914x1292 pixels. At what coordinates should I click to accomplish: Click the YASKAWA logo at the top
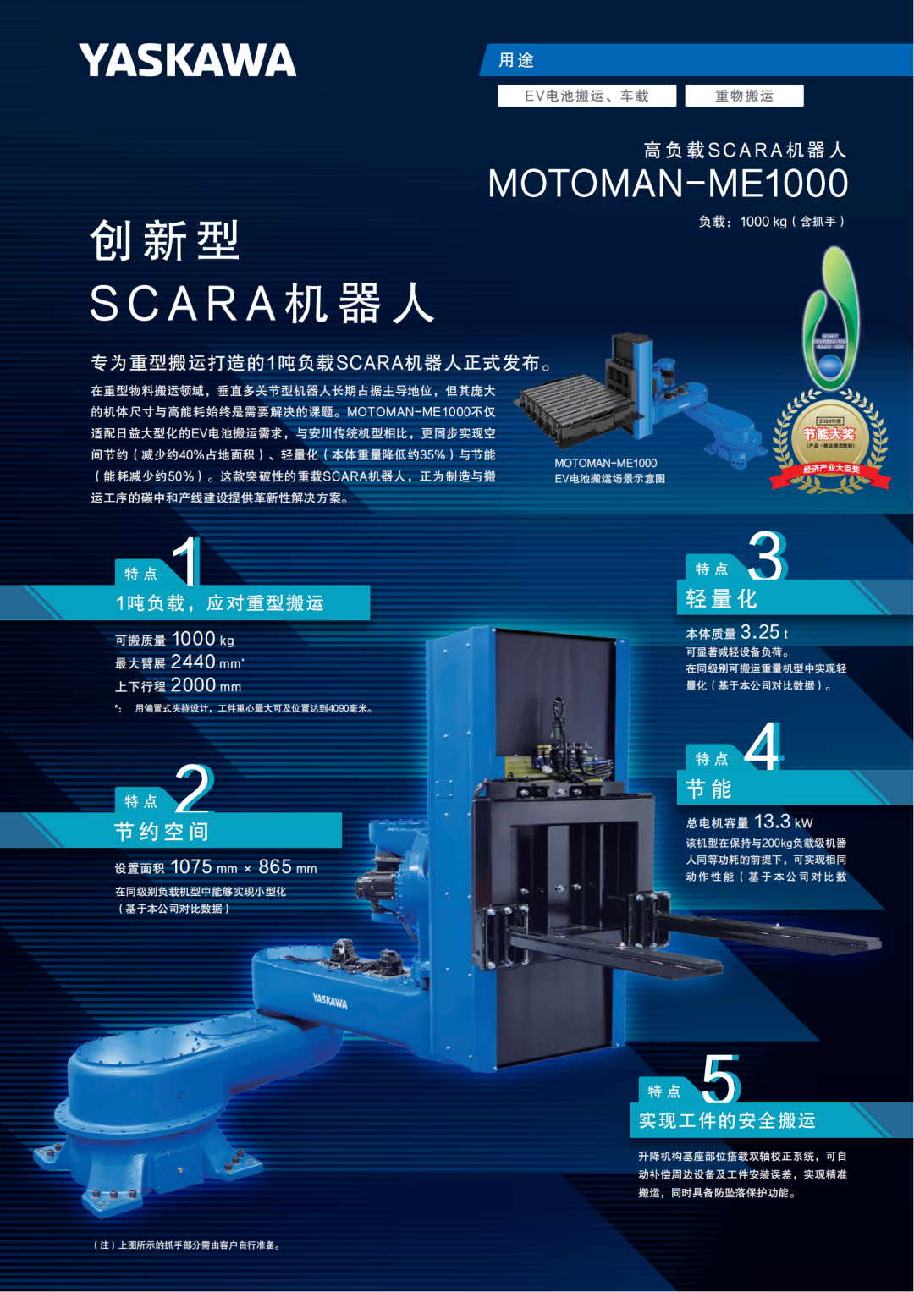point(187,60)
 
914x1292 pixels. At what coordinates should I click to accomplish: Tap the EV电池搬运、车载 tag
point(586,96)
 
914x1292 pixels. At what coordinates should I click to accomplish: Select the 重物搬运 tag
point(744,96)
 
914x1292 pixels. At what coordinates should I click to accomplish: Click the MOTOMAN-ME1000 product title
point(668,184)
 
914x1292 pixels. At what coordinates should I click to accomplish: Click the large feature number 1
point(187,561)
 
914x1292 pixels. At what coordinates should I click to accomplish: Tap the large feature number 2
point(195,789)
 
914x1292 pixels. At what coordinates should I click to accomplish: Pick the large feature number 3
point(767,556)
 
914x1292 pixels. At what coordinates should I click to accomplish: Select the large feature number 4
point(763,746)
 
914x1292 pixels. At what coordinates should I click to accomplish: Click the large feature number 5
point(721,1079)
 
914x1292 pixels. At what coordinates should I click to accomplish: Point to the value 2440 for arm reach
point(193,662)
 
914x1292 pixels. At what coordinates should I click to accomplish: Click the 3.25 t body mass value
point(760,632)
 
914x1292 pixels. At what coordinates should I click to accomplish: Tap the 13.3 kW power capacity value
point(772,822)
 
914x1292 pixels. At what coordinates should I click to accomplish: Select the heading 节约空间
point(162,832)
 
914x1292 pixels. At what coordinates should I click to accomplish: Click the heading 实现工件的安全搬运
point(727,1120)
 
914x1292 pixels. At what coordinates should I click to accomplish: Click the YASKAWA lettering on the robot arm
point(329,1001)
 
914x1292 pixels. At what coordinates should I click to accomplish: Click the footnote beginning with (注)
point(186,1245)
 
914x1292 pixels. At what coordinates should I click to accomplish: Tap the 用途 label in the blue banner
point(516,60)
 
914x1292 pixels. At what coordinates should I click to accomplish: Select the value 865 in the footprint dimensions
point(275,867)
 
